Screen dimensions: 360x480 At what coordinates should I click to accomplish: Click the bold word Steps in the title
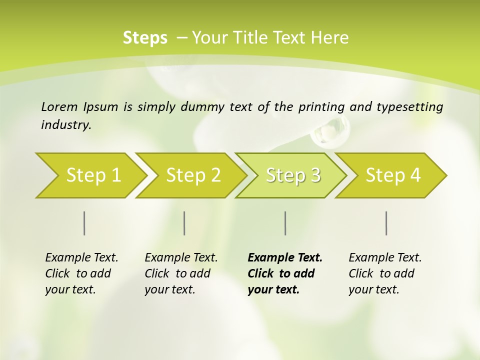(x=145, y=38)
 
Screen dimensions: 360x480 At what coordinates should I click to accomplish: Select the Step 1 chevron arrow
(x=90, y=175)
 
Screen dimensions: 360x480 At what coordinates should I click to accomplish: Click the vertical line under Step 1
(x=84, y=223)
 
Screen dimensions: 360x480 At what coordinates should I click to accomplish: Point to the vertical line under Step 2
(x=184, y=223)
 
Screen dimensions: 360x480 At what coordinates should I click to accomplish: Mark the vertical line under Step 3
(x=285, y=223)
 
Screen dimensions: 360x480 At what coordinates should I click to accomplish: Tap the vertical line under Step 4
(x=386, y=223)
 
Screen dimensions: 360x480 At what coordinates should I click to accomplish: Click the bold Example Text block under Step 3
(x=284, y=273)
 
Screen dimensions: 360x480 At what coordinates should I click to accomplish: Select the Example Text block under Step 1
(x=81, y=273)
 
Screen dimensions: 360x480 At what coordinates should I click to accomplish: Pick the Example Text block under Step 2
(x=181, y=273)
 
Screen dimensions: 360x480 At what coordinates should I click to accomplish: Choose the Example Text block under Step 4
(x=385, y=273)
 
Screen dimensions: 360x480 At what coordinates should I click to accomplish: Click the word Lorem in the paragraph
(x=59, y=106)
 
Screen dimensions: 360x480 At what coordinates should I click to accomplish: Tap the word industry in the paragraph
(x=66, y=124)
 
